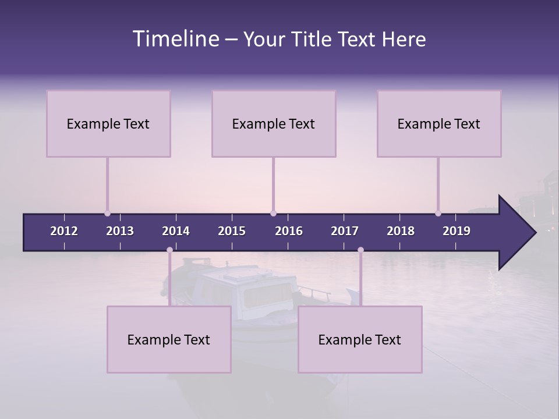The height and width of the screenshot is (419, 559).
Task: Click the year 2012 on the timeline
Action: pyautogui.click(x=64, y=231)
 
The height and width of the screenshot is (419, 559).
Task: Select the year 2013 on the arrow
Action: pyautogui.click(x=120, y=231)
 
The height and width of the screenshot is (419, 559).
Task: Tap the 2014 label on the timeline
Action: pyautogui.click(x=176, y=231)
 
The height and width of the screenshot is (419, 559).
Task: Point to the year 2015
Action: pyautogui.click(x=232, y=231)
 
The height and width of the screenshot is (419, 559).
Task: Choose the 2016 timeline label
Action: pyautogui.click(x=289, y=231)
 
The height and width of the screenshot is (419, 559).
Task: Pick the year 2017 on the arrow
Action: pyautogui.click(x=345, y=231)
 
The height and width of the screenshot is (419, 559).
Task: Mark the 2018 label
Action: pyautogui.click(x=401, y=231)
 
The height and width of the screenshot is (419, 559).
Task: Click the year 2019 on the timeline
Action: pyautogui.click(x=457, y=231)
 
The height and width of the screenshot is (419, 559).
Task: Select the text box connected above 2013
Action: pyautogui.click(x=108, y=123)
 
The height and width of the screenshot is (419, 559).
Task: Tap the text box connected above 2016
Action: pyautogui.click(x=274, y=123)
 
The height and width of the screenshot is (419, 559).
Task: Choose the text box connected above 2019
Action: pyautogui.click(x=439, y=123)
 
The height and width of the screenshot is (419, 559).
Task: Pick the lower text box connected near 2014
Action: pyautogui.click(x=169, y=339)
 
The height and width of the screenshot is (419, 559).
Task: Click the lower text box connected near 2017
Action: pyautogui.click(x=360, y=339)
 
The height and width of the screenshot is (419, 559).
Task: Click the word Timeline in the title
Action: pyautogui.click(x=175, y=39)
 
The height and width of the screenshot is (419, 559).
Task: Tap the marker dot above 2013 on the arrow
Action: pyautogui.click(x=107, y=213)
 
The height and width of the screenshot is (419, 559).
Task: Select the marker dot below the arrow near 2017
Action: pyautogui.click(x=360, y=250)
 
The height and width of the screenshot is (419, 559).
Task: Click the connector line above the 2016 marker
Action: pyautogui.click(x=273, y=183)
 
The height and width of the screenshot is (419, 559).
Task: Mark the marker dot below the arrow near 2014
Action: pyautogui.click(x=169, y=250)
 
